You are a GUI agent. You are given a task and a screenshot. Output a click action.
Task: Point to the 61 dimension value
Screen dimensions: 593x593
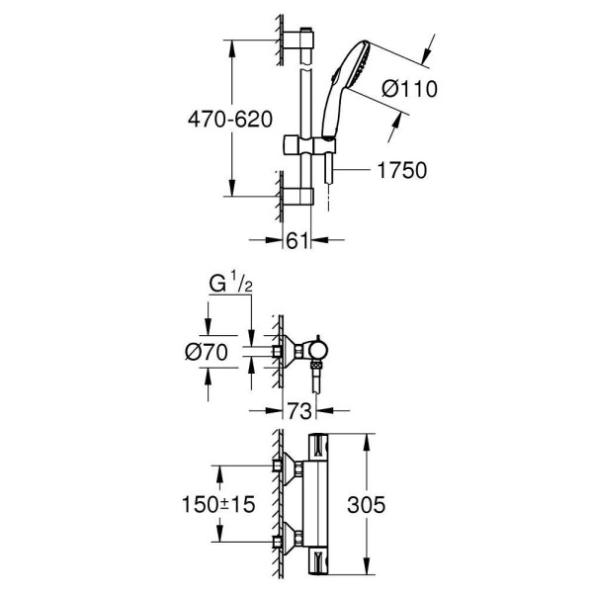pos(296,239)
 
